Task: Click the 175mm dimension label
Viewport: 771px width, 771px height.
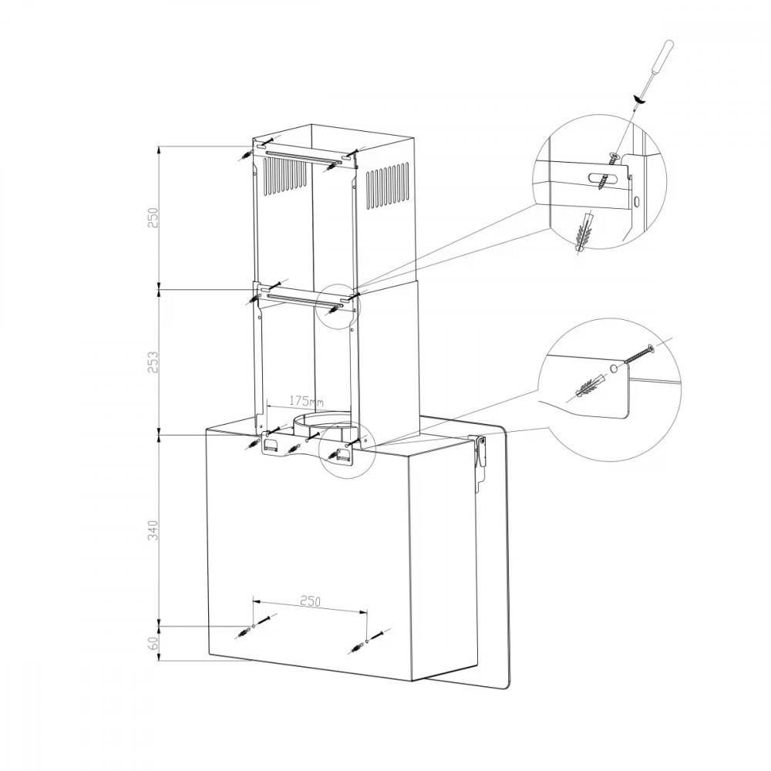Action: (x=306, y=401)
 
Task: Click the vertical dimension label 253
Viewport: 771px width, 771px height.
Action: (x=154, y=362)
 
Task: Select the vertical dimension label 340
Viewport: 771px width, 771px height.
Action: (x=154, y=530)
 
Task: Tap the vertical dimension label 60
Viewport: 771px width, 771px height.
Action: (x=154, y=643)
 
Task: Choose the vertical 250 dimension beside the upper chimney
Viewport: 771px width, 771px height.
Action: (x=154, y=217)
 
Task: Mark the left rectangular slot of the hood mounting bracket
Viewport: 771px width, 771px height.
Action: (x=271, y=444)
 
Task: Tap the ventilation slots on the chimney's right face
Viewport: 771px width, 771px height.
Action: (x=388, y=188)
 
